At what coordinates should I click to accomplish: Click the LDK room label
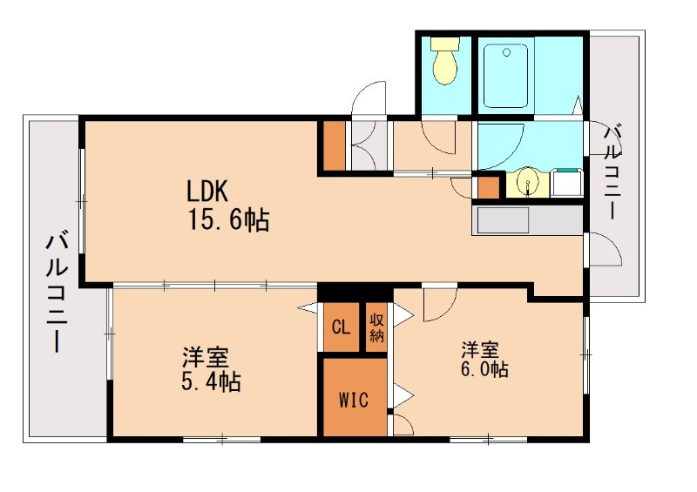[x=206, y=191]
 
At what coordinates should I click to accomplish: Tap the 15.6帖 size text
[x=229, y=219]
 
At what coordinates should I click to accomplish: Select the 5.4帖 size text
[x=211, y=381]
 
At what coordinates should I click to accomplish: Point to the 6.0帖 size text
[x=484, y=369]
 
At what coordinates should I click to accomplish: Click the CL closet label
[x=341, y=327]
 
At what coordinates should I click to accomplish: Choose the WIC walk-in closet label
[x=354, y=400]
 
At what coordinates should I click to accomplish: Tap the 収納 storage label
[x=376, y=327]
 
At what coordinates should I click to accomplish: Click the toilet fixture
[x=445, y=61]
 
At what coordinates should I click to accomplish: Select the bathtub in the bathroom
[x=506, y=76]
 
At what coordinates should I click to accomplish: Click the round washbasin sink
[x=527, y=182]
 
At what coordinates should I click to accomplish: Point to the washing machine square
[x=567, y=182]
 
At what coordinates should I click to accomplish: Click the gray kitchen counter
[x=527, y=220]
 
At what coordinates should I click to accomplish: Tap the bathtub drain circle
[x=506, y=52]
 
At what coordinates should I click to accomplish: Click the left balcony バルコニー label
[x=57, y=293]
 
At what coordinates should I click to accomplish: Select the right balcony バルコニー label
[x=612, y=172]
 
